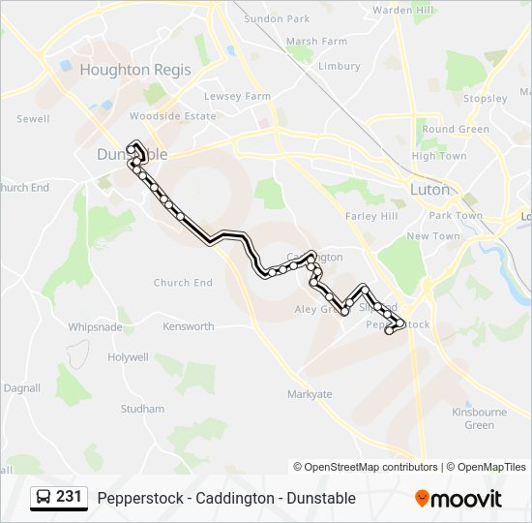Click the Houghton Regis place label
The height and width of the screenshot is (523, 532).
click(129, 70)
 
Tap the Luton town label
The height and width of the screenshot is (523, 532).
click(430, 190)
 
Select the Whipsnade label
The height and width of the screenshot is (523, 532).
click(95, 327)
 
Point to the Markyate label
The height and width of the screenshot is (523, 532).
click(310, 394)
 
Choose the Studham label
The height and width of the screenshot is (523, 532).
click(142, 410)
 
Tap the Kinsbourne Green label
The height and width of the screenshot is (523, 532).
click(479, 418)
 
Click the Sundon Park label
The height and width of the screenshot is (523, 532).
click(277, 18)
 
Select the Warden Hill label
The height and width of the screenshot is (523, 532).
click(403, 10)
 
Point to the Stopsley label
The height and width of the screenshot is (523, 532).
click(485, 99)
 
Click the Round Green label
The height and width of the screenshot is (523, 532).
click(456, 130)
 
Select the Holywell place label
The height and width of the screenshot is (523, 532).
click(129, 357)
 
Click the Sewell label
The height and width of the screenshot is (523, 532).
click(33, 119)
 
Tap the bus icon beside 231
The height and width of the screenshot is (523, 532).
click(44, 497)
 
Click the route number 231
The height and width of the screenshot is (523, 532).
click(69, 497)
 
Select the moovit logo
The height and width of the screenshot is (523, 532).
click(458, 499)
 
